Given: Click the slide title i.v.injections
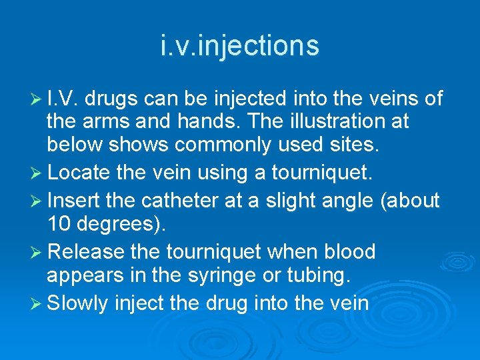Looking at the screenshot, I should (x=240, y=46).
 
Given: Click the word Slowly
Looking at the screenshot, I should (x=78, y=304).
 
